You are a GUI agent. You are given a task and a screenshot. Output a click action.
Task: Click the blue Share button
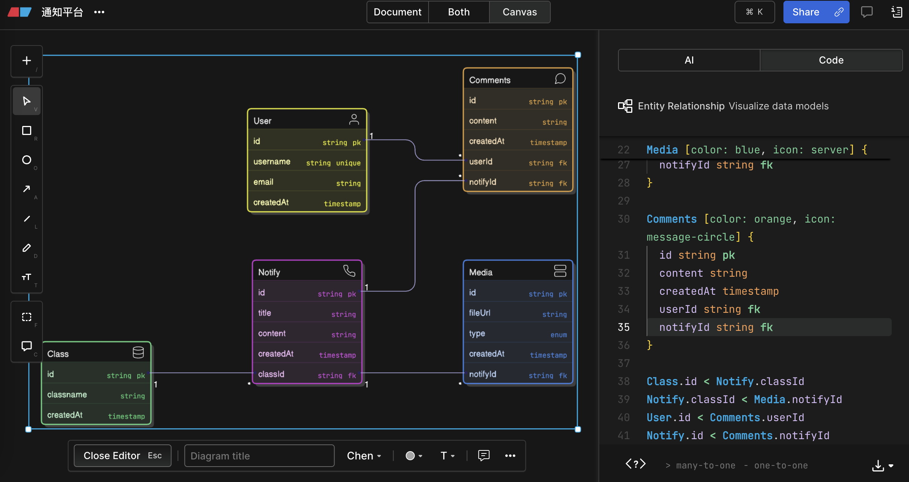tap(816, 12)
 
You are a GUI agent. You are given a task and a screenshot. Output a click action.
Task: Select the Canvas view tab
tap(520, 12)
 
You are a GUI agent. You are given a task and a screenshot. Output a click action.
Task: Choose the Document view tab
tap(397, 12)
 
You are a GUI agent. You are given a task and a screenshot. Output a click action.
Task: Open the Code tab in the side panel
tap(831, 60)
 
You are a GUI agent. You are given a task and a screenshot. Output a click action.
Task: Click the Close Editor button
tap(123, 456)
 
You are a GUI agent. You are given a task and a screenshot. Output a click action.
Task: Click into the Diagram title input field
tap(259, 456)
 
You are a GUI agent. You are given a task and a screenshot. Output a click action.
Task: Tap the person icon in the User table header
tap(354, 120)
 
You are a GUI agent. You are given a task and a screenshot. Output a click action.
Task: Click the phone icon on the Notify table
tap(349, 271)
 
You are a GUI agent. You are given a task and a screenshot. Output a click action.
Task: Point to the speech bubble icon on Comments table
tap(560, 79)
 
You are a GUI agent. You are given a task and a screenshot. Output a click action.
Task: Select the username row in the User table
tap(307, 162)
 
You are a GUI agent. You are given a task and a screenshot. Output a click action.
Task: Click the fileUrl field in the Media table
tap(518, 313)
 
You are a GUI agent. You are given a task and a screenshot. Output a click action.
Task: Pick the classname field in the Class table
tap(96, 395)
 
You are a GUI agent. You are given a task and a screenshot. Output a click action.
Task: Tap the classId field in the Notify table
tap(307, 374)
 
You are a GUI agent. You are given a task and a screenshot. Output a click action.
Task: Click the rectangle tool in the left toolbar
tap(27, 130)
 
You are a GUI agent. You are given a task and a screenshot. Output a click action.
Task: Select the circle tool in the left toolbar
tap(27, 160)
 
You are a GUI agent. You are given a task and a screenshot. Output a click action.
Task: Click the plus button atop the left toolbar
tap(27, 61)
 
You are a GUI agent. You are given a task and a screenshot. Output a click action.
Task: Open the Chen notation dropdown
tap(364, 456)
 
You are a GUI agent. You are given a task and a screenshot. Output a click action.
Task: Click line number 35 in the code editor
tap(624, 327)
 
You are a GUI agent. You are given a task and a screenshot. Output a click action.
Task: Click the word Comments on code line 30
tap(671, 219)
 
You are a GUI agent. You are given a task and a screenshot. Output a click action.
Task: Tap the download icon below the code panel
tap(878, 465)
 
